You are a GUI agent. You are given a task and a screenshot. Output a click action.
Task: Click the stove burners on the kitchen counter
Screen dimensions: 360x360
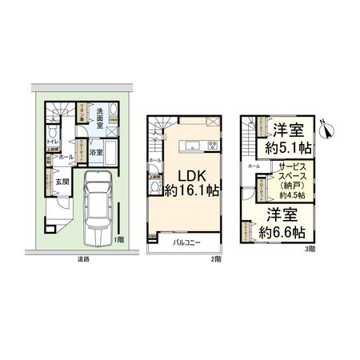pos(213,146)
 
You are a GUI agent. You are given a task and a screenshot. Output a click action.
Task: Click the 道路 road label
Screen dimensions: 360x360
pos(83,259)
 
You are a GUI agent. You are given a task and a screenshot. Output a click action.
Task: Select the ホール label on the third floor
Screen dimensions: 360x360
pos(254,166)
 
